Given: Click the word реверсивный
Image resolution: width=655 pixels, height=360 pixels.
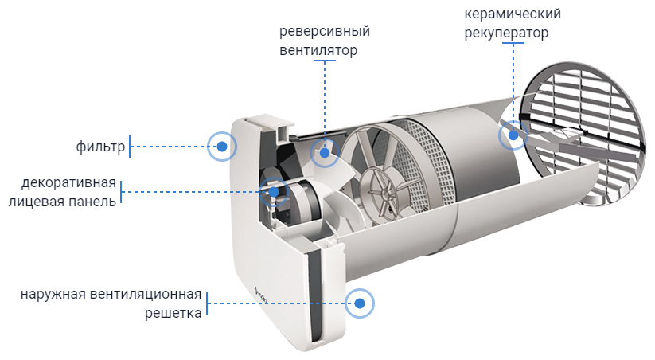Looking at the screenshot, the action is coord(325,32).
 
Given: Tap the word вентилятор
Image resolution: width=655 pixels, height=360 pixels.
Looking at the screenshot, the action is coord(318,50).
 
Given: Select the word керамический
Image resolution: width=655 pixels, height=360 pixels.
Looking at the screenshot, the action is coord(513,14).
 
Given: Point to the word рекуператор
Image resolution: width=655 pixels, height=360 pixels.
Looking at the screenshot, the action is coord(507,33).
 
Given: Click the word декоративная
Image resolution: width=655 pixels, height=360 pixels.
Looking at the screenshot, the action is coord(69,182).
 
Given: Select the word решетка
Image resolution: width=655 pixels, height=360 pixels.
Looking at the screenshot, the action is coord(173,313).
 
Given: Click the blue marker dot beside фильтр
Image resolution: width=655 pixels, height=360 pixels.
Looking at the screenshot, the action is coord(222,147).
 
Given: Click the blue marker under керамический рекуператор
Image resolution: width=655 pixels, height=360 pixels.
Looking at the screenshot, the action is coord(513,135).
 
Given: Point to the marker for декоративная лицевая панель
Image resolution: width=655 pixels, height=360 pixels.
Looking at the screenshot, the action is coord(273,191).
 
